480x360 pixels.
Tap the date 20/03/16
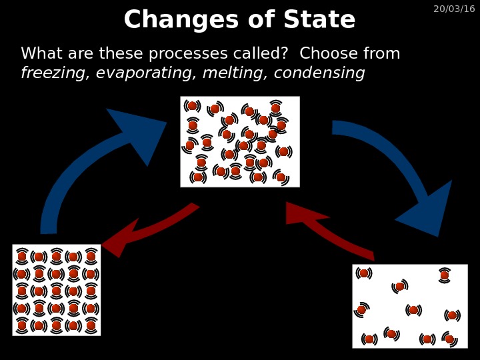tap(454, 9)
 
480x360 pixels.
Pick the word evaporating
tap(141, 73)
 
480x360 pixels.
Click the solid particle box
tap(57, 290)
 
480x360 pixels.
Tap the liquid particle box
tap(240, 141)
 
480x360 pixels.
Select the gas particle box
tap(410, 306)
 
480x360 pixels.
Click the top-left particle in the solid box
tap(22, 257)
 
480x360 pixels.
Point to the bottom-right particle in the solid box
tap(91, 326)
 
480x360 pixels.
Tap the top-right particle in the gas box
tap(445, 275)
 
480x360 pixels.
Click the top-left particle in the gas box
tap(364, 273)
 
